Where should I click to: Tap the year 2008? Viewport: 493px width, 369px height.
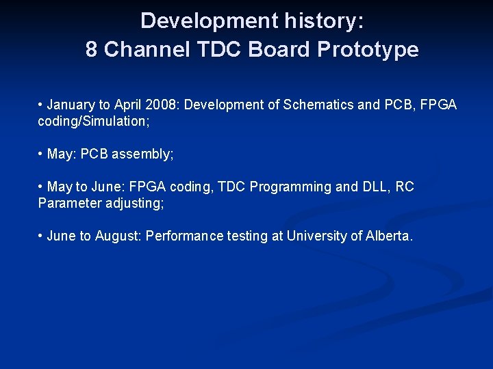click(x=163, y=105)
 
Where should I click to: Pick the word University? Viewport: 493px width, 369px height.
click(x=316, y=236)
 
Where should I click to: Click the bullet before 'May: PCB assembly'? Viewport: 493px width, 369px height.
click(x=41, y=154)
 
